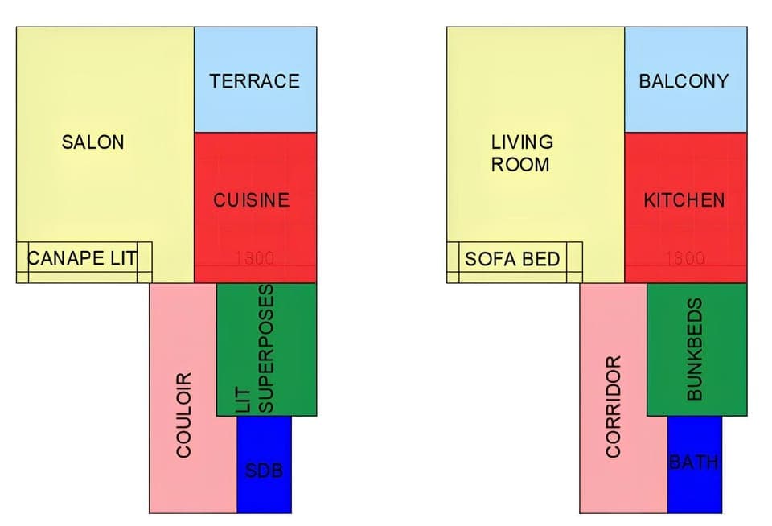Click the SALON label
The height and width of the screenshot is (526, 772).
point(93,142)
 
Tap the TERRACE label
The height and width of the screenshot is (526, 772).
point(254,81)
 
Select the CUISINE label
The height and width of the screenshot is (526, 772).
point(251,200)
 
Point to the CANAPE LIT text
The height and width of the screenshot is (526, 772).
point(82,259)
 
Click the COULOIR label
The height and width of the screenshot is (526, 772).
point(184,414)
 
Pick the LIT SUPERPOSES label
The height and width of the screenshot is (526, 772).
point(258,347)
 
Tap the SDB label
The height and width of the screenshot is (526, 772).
point(264,471)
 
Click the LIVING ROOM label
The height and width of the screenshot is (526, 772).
point(522,153)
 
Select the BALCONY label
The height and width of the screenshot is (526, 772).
point(684,81)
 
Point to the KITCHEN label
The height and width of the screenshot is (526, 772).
point(684,200)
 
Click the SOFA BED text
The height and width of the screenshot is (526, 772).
point(512,260)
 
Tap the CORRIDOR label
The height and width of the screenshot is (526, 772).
point(614,408)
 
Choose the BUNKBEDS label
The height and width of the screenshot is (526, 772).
point(696,349)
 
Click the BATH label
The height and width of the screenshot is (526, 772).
point(694,462)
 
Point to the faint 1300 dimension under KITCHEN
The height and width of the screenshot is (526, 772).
point(685,259)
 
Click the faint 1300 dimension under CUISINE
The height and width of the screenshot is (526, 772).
point(255,259)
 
